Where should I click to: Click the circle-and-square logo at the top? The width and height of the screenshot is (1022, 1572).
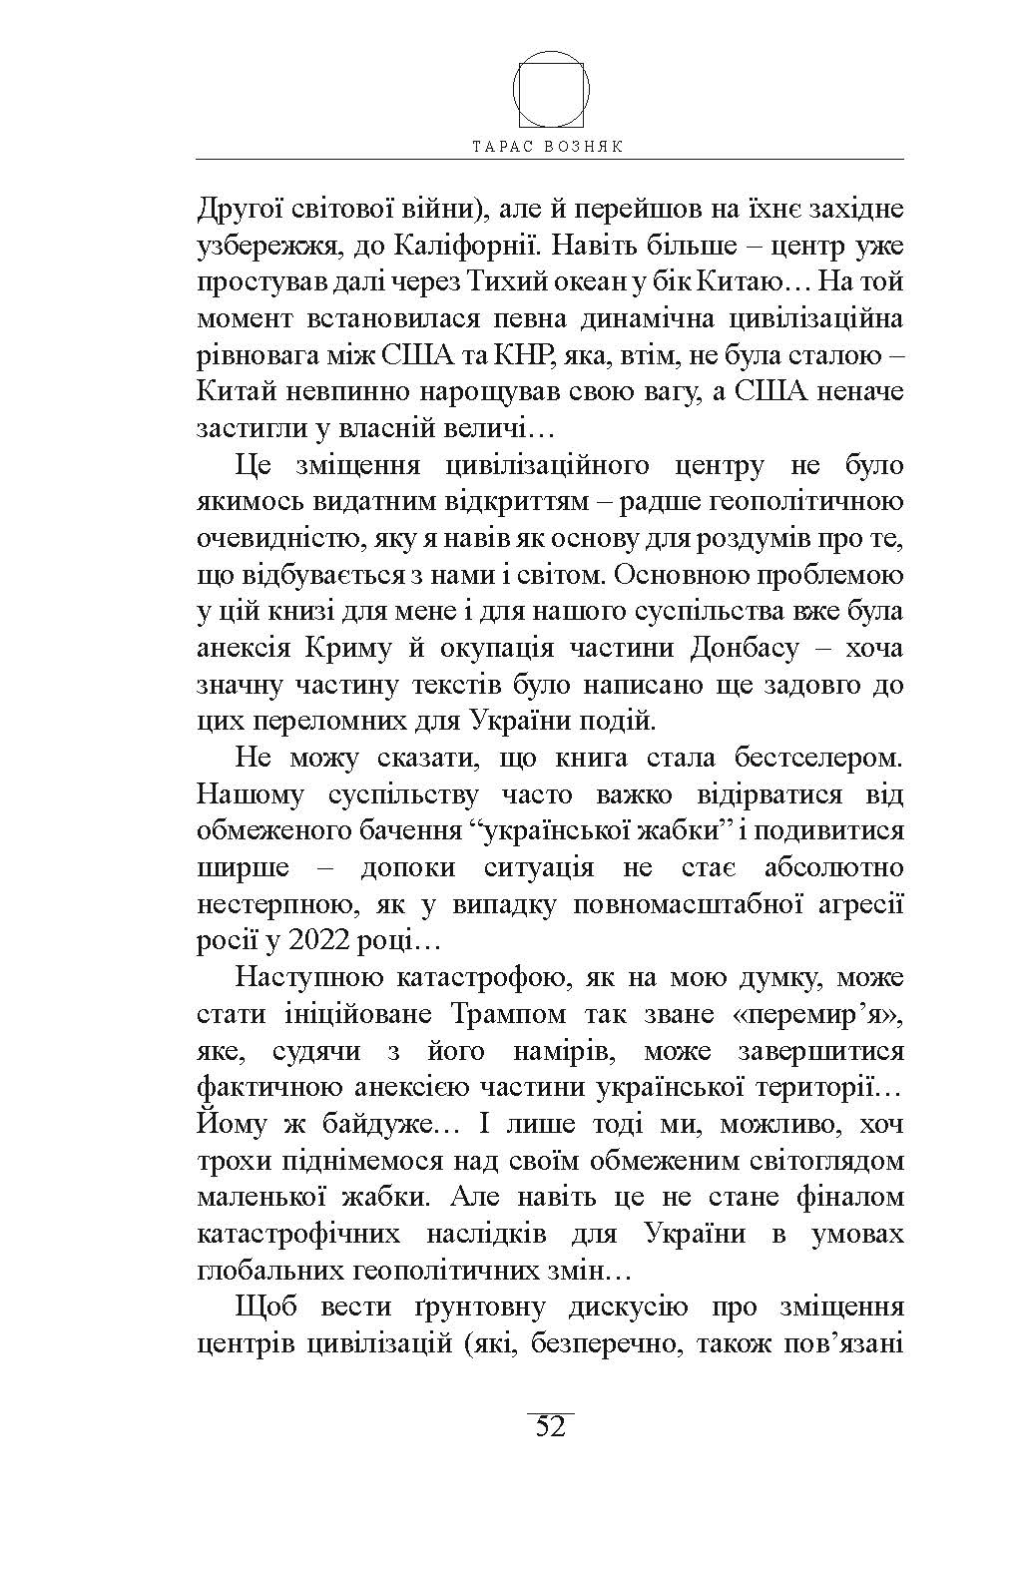pyautogui.click(x=551, y=89)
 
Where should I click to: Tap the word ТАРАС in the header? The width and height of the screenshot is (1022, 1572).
pyautogui.click(x=505, y=146)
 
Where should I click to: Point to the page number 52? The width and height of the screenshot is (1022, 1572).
pyautogui.click(x=550, y=1426)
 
